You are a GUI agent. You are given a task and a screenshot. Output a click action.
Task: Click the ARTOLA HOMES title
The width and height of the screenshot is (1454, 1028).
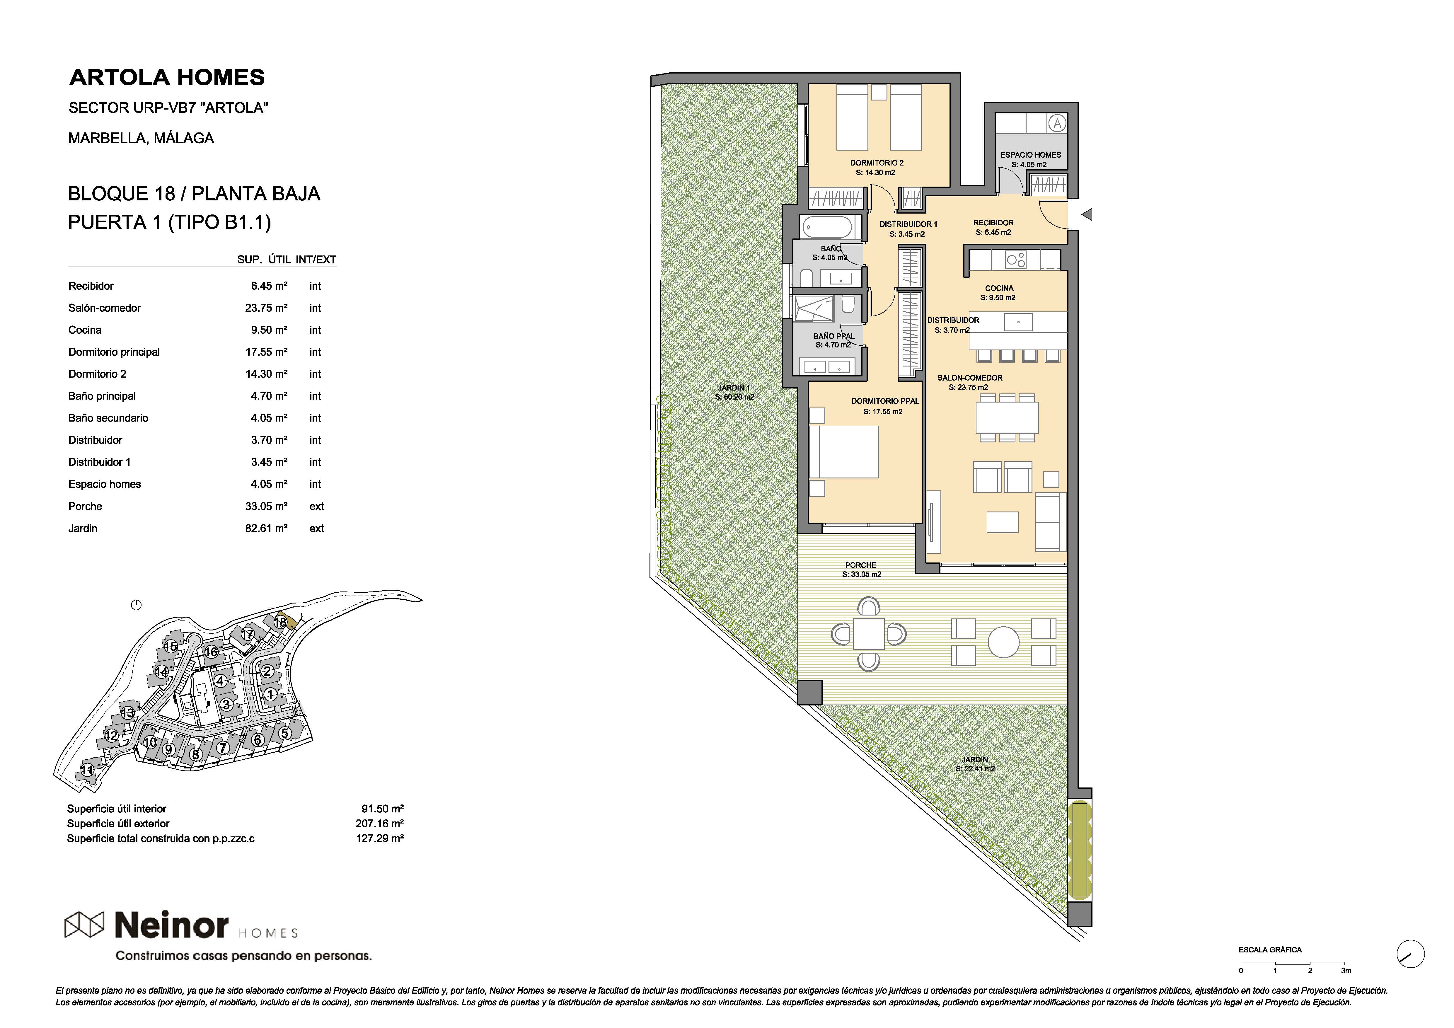coord(167,77)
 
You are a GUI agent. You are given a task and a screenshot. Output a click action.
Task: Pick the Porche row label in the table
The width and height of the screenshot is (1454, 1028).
coord(86,506)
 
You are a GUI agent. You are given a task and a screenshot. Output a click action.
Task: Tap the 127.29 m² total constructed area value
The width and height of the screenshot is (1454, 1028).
coord(380,838)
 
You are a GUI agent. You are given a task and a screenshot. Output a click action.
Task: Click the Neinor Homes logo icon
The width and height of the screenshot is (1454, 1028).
coord(84,925)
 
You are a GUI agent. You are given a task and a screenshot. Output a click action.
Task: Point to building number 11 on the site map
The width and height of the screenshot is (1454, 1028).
coord(87,770)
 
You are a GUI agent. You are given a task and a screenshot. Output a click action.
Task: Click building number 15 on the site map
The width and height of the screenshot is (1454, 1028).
coord(171,646)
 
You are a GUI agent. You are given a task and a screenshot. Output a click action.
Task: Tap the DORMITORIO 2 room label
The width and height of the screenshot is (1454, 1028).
coord(877,163)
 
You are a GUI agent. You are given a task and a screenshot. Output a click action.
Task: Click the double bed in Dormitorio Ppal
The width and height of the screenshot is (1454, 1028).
coord(843,452)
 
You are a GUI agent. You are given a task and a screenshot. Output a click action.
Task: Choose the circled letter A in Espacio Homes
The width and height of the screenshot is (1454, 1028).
coord(1057,124)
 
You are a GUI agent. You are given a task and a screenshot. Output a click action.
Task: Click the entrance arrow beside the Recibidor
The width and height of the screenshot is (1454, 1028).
coord(1087,215)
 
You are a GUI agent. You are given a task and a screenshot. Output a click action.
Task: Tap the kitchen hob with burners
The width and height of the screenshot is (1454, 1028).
coord(1016,260)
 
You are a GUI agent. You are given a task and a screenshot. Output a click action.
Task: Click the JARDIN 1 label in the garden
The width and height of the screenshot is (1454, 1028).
coord(734,388)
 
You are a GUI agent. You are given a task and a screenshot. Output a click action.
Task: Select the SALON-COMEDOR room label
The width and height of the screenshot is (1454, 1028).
coord(969,378)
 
